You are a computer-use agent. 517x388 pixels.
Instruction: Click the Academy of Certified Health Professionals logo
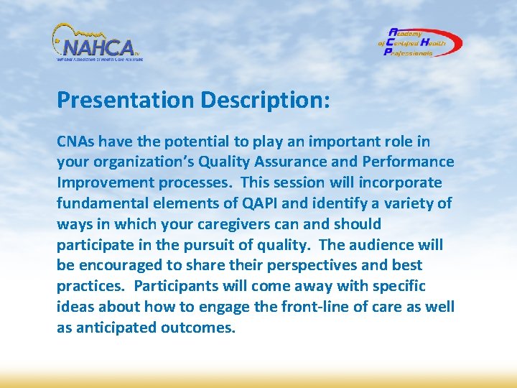(x=420, y=42)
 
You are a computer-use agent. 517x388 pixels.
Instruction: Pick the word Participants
(x=174, y=287)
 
